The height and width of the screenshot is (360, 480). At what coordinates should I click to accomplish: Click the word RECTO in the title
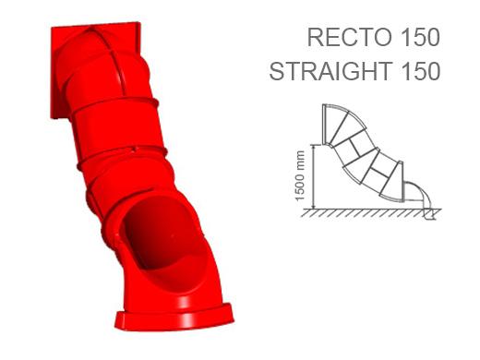[350, 38]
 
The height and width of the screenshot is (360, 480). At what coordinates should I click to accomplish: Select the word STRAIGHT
[330, 71]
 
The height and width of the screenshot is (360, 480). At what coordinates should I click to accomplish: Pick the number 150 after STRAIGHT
[420, 71]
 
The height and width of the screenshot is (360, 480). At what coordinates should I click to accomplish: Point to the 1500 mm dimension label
[299, 175]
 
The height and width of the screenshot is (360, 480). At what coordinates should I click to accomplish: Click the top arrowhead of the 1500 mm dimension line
[314, 146]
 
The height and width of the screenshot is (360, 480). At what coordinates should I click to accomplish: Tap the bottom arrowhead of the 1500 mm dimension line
[314, 207]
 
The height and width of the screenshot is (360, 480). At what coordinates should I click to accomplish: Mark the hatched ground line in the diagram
[371, 213]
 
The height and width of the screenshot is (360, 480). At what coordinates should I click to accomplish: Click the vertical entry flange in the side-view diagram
[324, 125]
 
